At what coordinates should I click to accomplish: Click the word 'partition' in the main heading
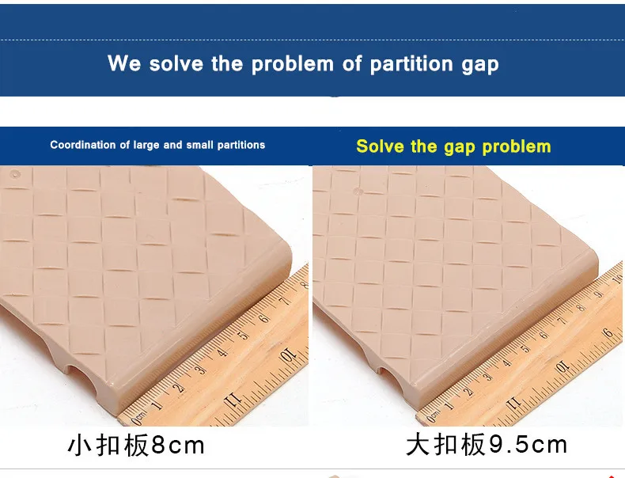pos(411,65)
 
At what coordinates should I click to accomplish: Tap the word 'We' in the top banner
pos(124,63)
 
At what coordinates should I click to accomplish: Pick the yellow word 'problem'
pos(517,147)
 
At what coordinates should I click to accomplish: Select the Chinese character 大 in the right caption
pos(419,445)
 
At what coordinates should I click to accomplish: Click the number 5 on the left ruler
pos(243,335)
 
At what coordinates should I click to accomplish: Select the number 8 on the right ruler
pos(581,308)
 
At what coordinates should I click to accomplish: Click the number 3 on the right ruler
pos(487,377)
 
